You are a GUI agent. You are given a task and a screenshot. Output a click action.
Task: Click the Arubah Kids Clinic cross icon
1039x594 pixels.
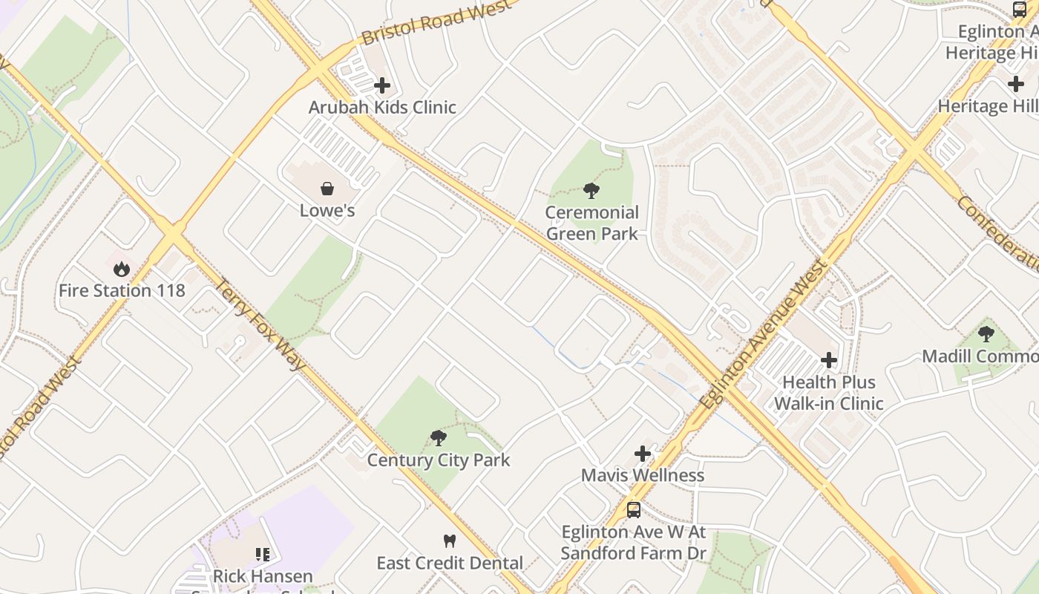[382, 85]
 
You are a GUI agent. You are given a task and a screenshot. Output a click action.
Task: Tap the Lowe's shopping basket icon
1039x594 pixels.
[327, 189]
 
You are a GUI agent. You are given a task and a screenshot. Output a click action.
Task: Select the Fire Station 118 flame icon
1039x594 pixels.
[122, 268]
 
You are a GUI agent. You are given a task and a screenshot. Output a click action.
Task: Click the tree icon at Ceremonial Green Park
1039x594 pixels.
[591, 191]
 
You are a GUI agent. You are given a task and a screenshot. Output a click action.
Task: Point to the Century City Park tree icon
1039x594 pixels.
[439, 438]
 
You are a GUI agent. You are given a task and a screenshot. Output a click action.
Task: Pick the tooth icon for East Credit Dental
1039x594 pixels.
[449, 541]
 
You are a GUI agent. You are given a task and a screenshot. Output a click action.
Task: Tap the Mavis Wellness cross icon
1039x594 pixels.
[643, 453]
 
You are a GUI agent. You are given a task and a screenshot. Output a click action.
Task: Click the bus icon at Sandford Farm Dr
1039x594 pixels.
[634, 510]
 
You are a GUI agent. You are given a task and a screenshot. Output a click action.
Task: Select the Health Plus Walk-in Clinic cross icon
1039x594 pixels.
[829, 361]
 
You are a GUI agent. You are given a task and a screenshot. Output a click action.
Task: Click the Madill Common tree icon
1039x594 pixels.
[986, 334]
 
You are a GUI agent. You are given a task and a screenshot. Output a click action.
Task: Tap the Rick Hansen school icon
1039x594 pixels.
[263, 554]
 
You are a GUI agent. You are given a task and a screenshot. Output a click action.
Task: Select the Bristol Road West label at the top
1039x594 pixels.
[436, 22]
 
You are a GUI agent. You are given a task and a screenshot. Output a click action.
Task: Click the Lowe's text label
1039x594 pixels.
[327, 210]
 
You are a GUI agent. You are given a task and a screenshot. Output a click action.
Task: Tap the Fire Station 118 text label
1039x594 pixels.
[122, 290]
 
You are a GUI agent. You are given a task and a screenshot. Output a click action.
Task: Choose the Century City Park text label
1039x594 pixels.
[439, 460]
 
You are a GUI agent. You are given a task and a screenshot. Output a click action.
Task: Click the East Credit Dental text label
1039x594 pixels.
[450, 563]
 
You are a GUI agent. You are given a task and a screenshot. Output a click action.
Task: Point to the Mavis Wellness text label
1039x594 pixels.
[643, 474]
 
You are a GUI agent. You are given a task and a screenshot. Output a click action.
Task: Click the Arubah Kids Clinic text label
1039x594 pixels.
[382, 107]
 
